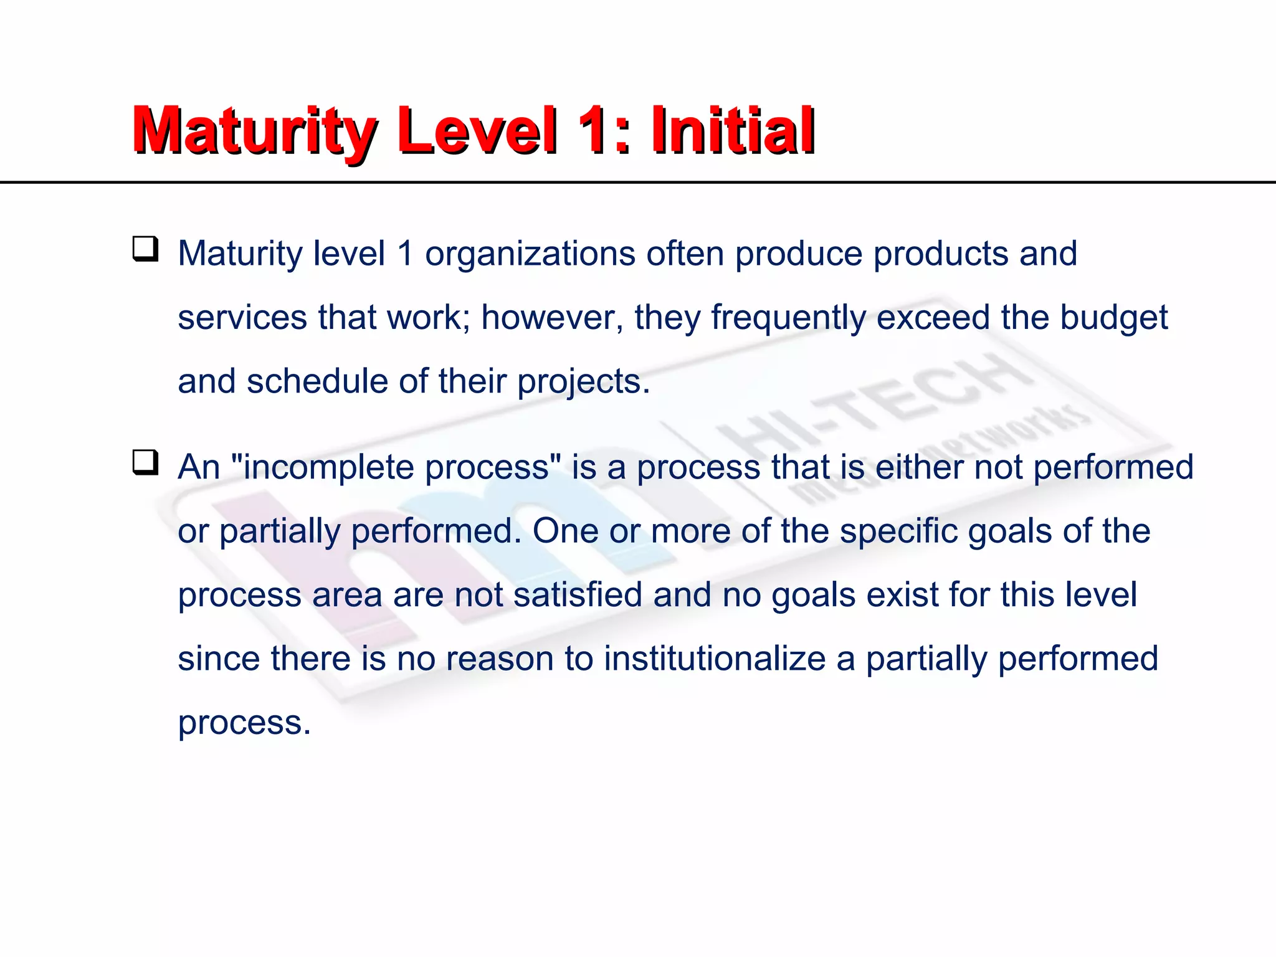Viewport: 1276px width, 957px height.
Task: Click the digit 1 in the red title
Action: tap(591, 131)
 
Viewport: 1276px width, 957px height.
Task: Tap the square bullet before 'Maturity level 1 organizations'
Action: tap(145, 249)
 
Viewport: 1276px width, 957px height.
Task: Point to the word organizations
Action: tap(530, 254)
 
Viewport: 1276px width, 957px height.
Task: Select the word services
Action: tap(242, 318)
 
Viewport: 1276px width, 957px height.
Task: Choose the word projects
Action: tap(583, 383)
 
